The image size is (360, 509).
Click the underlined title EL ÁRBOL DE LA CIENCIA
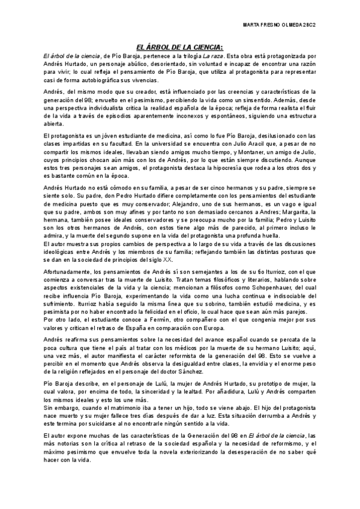click(x=180, y=47)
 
